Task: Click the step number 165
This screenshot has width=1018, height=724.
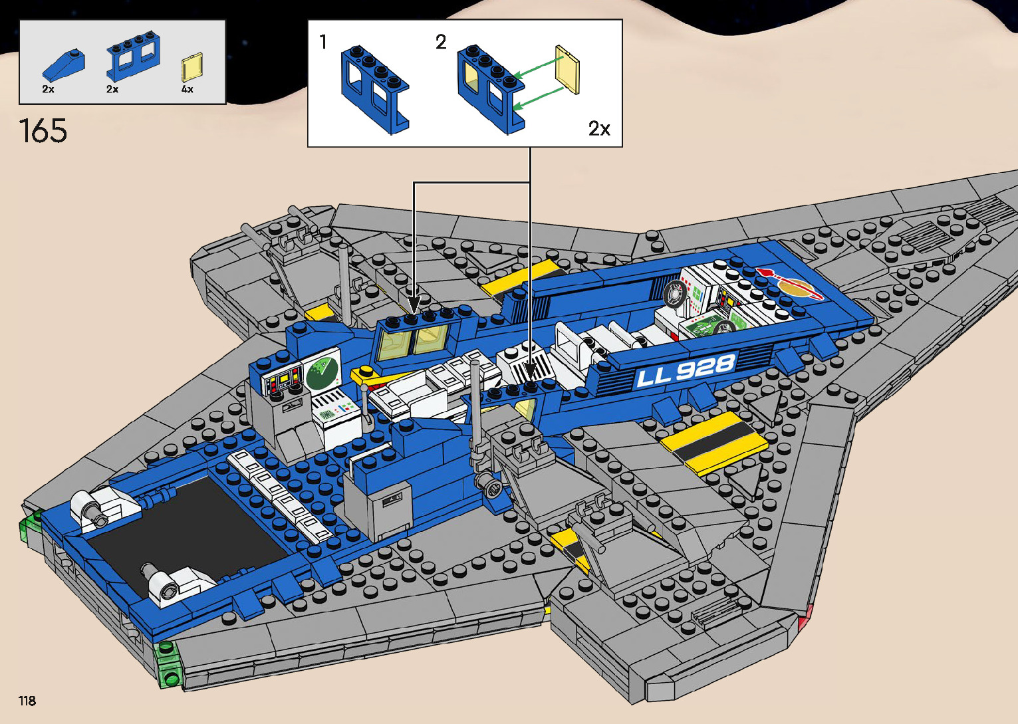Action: [43, 130]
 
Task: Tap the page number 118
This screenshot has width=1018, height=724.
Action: [27, 701]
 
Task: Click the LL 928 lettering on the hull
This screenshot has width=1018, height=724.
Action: [686, 370]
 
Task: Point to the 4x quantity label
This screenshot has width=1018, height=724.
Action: [188, 89]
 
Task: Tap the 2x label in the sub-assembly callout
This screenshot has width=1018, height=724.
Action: [598, 128]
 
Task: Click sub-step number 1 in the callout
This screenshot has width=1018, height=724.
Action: [323, 43]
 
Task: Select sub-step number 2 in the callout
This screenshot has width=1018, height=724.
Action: [440, 43]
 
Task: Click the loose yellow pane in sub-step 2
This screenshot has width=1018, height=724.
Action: [567, 71]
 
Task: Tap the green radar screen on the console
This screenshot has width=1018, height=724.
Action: [322, 372]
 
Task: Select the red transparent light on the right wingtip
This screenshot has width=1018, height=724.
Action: [805, 623]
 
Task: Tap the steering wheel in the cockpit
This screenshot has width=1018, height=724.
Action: [674, 293]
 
